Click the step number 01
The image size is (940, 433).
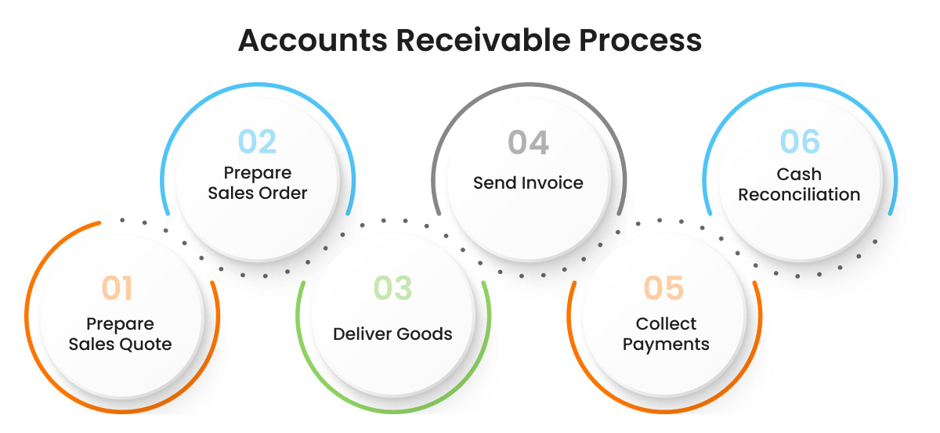(x=117, y=288)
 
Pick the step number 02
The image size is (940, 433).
(x=258, y=142)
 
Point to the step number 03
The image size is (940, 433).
(x=392, y=288)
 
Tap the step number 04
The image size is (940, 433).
(x=528, y=143)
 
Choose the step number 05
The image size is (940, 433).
(x=664, y=288)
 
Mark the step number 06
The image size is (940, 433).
(x=800, y=143)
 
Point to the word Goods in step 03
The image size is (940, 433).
(x=423, y=334)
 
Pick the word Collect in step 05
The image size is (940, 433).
(x=666, y=323)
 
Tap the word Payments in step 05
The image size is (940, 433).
(x=666, y=345)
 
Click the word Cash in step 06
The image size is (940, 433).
(x=799, y=174)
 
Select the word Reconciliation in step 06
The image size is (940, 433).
(x=799, y=194)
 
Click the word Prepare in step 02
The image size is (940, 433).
(x=258, y=172)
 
